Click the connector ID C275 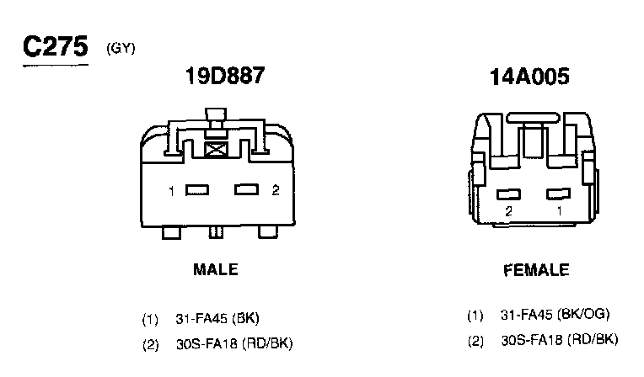56,46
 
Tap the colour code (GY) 121,49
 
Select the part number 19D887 225,76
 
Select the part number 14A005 529,77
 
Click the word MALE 216,269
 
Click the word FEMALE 536,270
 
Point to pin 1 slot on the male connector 197,190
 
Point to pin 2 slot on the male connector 246,189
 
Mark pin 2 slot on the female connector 508,194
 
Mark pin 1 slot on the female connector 558,194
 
